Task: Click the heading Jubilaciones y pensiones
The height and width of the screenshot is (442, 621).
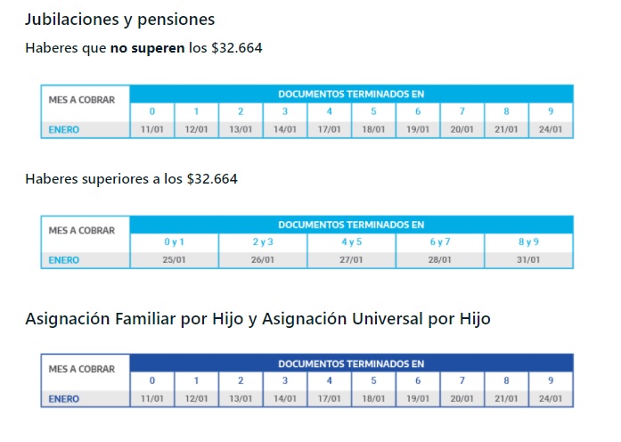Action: pyautogui.click(x=119, y=19)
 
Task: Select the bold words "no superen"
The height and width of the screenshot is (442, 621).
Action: pyautogui.click(x=148, y=47)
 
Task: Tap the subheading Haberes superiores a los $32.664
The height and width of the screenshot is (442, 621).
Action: pyautogui.click(x=131, y=179)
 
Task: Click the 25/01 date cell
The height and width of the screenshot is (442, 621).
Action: pyautogui.click(x=174, y=260)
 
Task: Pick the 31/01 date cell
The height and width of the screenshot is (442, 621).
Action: pyautogui.click(x=529, y=260)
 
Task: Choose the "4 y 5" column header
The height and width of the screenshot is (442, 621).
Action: pyautogui.click(x=351, y=242)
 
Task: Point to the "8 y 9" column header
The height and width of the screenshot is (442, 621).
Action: pyautogui.click(x=529, y=242)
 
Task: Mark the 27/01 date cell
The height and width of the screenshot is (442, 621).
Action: pyautogui.click(x=351, y=260)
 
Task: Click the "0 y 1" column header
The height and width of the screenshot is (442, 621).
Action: pyautogui.click(x=174, y=242)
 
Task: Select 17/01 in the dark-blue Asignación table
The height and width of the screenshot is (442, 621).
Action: pyautogui.click(x=329, y=398)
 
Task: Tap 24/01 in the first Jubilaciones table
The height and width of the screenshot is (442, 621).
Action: pyautogui.click(x=551, y=129)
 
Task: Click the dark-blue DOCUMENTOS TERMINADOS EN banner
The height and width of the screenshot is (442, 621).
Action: pyautogui.click(x=351, y=364)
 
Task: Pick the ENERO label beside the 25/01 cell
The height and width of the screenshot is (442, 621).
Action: pyautogui.click(x=63, y=260)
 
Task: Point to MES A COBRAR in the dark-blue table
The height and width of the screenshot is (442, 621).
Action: pyautogui.click(x=82, y=369)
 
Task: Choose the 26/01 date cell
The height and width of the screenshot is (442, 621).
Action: pyautogui.click(x=263, y=260)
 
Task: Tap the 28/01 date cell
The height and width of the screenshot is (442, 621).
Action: pyautogui.click(x=440, y=260)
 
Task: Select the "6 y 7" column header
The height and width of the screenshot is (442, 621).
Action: pyautogui.click(x=440, y=242)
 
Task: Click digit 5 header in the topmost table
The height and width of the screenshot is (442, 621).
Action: pyautogui.click(x=373, y=111)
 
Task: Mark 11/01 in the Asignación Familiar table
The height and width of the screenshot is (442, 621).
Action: pyautogui.click(x=151, y=398)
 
